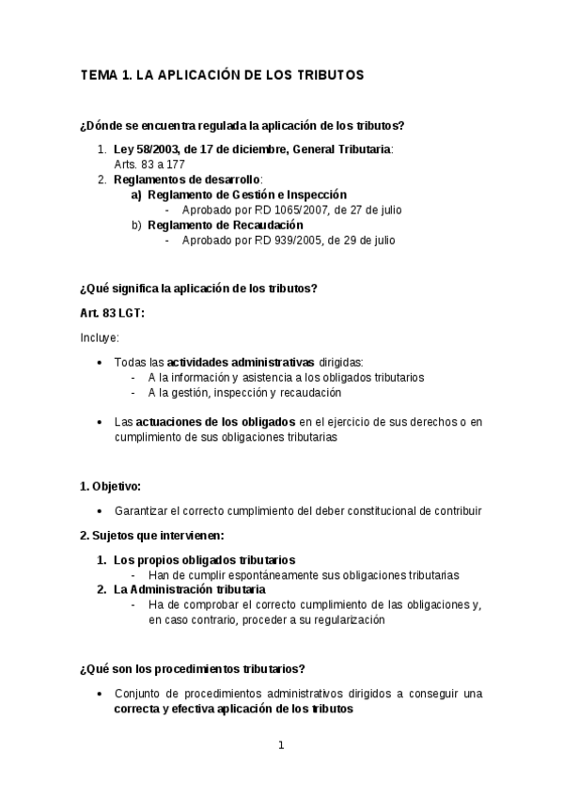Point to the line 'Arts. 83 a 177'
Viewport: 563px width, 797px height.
(x=149, y=164)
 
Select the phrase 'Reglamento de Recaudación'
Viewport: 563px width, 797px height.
(x=226, y=225)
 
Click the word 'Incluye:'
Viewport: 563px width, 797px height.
(x=100, y=337)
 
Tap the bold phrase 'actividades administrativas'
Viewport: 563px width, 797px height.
(x=241, y=362)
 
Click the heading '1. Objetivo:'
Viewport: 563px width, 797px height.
(x=110, y=486)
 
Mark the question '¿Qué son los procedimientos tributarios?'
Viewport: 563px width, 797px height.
(x=193, y=669)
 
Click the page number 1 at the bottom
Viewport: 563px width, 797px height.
(x=280, y=746)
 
